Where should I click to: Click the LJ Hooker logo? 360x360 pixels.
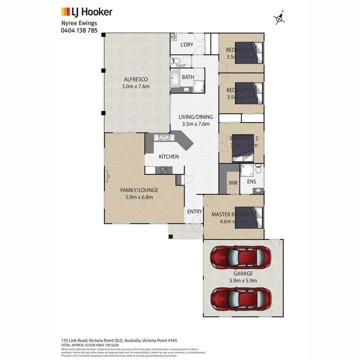[86, 12]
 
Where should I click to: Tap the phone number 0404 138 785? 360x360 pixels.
[79, 30]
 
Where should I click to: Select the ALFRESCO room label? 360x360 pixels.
[136, 79]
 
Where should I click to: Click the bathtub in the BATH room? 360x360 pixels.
[175, 78]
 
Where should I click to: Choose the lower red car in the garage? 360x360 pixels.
[241, 298]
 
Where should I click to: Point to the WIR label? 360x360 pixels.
[233, 183]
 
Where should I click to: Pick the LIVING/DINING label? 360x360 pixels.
[196, 117]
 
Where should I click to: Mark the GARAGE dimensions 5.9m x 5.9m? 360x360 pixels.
[243, 280]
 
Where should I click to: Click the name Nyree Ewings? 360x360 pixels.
[78, 23]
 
